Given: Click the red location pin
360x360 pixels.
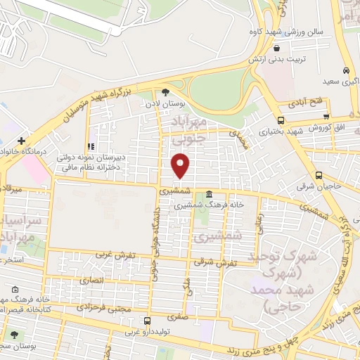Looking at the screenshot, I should [181, 166].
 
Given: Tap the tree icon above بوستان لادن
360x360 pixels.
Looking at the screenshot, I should [166, 91].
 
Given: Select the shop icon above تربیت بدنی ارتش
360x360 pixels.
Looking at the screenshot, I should [278, 49].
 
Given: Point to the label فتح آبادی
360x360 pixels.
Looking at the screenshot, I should [309, 103].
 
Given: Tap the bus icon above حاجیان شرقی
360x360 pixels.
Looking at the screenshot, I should [319, 176].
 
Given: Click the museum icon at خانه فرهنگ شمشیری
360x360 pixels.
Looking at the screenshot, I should [210, 194].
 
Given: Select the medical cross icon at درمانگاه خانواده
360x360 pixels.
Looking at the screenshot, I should [22, 141].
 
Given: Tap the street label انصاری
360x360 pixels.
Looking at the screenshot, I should [93, 280].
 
